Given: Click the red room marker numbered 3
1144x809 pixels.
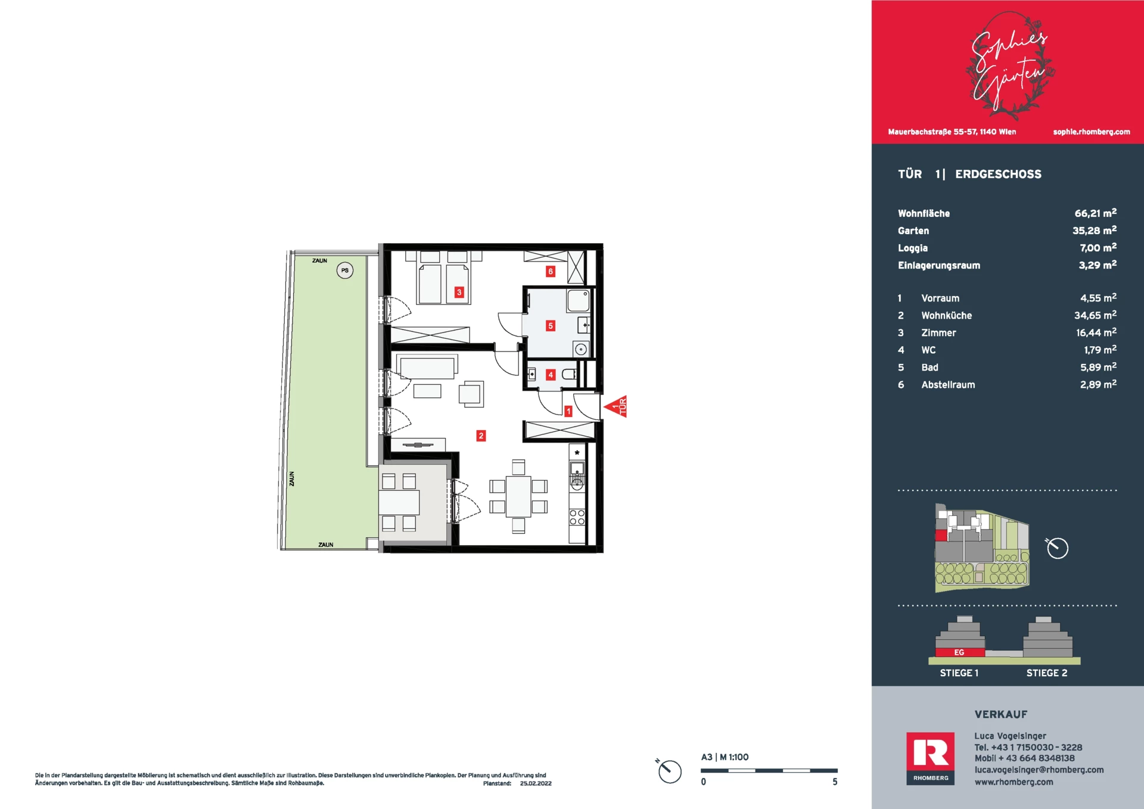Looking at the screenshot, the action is coord(459,293).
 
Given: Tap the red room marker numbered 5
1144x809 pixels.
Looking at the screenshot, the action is coord(551,326).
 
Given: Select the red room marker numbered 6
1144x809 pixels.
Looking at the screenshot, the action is coord(551,272).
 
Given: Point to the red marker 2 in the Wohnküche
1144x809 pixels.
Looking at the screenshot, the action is coord(481,436).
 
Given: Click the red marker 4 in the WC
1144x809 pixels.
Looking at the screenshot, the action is coord(551,375).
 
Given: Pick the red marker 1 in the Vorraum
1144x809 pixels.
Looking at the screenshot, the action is coord(568,411).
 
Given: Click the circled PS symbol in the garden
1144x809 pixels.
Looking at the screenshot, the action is coord(345,270).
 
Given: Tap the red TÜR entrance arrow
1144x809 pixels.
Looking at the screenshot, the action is coord(615,407).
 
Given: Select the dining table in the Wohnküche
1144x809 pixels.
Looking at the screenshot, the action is coord(518,496).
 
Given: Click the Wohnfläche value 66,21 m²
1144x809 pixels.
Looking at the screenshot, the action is coord(1095,213).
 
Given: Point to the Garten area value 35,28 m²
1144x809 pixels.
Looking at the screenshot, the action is coord(1095,231).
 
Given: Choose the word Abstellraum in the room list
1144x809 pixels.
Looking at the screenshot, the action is coord(948,385).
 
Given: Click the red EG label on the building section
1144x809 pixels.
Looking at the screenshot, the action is coord(959,652).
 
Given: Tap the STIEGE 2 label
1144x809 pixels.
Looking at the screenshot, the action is coord(1047,673).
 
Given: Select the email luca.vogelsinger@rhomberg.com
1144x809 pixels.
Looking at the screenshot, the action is coord(1039,770).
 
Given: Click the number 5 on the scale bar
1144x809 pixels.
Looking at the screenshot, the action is coord(835,782).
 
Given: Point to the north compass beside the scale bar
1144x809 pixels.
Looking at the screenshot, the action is coord(669,771).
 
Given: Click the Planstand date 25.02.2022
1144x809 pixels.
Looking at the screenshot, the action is coord(536,783).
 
